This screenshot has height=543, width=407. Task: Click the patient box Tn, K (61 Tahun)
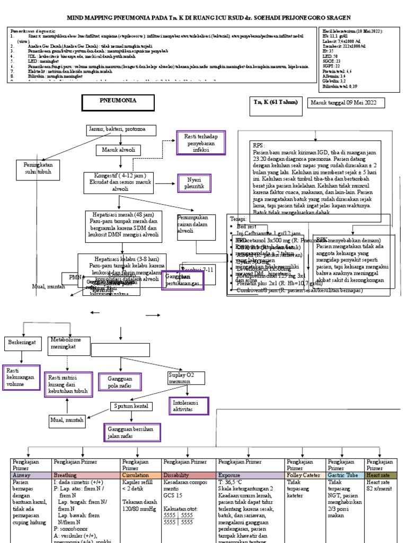[x=276, y=102]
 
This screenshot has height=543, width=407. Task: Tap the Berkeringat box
[x=22, y=343]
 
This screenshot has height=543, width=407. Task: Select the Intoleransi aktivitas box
[x=189, y=406]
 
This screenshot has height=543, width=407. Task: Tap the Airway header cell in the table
[x=30, y=476]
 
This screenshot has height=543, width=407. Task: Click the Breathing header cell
[x=85, y=476]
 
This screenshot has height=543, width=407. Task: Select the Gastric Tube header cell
[x=345, y=476]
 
